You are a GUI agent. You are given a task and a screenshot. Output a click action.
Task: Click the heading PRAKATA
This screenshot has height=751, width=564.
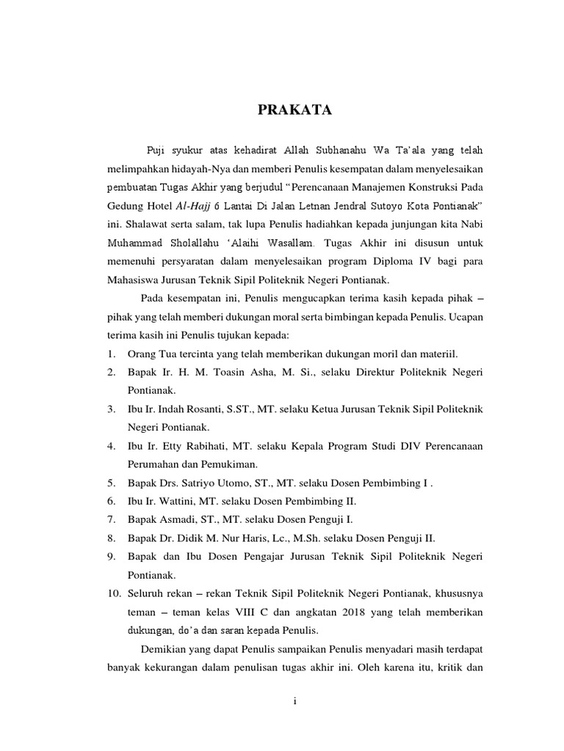pyautogui.click(x=294, y=111)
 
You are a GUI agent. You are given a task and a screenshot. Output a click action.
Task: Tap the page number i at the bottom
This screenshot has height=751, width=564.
pyautogui.click(x=294, y=701)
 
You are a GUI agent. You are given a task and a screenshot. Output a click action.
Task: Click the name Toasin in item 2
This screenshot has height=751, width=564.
pyautogui.click(x=234, y=373)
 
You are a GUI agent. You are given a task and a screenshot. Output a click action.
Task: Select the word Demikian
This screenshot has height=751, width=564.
pyautogui.click(x=164, y=649)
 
